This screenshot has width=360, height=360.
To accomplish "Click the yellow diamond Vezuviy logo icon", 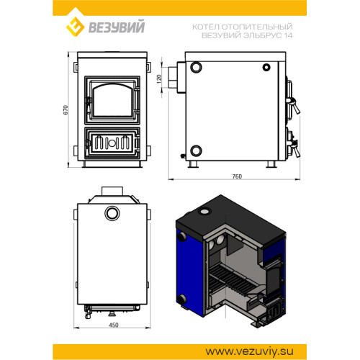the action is click(x=75, y=26).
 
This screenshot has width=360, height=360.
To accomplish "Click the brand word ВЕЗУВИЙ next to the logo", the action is click(x=117, y=27).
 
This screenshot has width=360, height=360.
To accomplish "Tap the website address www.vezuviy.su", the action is click(x=249, y=351).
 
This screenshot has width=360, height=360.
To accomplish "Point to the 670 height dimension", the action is click(x=66, y=110).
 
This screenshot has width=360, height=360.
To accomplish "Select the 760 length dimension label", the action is click(x=237, y=176).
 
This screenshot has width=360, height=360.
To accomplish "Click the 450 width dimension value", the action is click(x=114, y=325).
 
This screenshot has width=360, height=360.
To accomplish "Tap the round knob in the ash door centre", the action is click(x=112, y=143).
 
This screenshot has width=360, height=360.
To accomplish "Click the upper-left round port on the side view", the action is click(x=196, y=67).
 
